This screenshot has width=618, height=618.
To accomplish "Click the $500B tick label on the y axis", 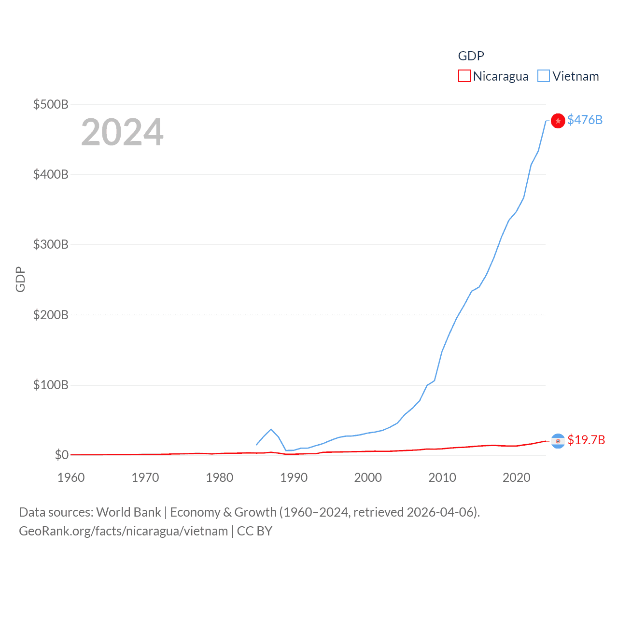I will tap(51, 104).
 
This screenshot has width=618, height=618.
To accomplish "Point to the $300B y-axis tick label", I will tap(51, 244).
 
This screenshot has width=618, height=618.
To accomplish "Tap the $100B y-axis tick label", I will tap(51, 385).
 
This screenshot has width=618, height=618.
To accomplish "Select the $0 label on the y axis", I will tap(62, 455).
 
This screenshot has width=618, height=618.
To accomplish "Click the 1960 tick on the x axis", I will tap(71, 478).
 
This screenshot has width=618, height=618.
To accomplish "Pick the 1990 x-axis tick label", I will tap(294, 478).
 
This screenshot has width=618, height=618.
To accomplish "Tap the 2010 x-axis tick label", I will tap(442, 478).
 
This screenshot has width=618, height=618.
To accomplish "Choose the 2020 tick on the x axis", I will tap(517, 478).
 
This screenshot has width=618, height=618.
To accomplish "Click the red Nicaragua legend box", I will tap(464, 76).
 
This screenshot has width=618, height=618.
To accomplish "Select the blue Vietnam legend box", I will tap(544, 76).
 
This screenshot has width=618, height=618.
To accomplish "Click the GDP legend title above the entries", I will tap(471, 56).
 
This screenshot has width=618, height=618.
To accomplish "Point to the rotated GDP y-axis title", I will tap(20, 280).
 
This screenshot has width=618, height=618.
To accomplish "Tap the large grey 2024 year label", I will tap(122, 132).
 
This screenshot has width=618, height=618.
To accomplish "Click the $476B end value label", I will tap(585, 120).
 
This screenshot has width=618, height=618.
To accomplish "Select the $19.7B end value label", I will tap(586, 440).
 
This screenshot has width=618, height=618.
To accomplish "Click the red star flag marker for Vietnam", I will tap(558, 121).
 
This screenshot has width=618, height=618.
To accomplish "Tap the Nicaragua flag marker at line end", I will tap(558, 441).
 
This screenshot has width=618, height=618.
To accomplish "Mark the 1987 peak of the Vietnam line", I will tap(271, 429).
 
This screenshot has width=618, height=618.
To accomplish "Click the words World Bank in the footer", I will tap(129, 512).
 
